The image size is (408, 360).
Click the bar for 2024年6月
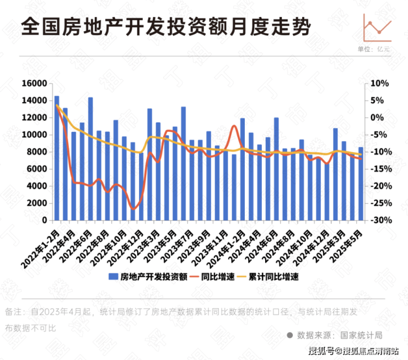point(276,169)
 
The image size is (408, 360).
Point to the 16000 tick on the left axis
point(35,83)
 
